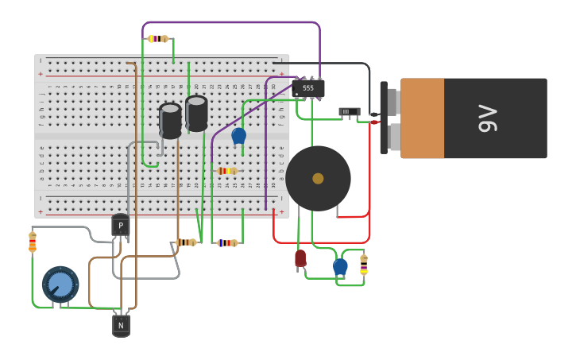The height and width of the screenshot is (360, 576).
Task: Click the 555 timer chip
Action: pyautogui.click(x=307, y=88)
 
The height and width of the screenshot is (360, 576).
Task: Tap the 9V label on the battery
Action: pyautogui.click(x=487, y=118)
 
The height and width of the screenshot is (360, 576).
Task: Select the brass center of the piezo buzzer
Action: pyautogui.click(x=318, y=179)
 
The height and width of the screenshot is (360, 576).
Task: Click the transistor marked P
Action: pyautogui.click(x=121, y=226)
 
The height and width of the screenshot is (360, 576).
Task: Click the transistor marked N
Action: pyautogui.click(x=121, y=325)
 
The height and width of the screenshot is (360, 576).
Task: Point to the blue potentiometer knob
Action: pyautogui.click(x=60, y=285)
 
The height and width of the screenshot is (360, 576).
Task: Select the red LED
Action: pyautogui.click(x=300, y=258)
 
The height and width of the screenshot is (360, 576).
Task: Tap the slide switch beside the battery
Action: pyautogui.click(x=349, y=112)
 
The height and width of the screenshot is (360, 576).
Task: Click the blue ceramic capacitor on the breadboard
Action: pyautogui.click(x=238, y=136)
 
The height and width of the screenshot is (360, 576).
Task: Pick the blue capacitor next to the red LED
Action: pyautogui.click(x=340, y=266)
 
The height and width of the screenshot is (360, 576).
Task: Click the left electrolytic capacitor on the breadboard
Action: pyautogui.click(x=170, y=120)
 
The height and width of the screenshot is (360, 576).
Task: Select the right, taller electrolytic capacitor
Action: pyautogui.click(x=196, y=113)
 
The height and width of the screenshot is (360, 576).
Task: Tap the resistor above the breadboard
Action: pyautogui.click(x=158, y=38)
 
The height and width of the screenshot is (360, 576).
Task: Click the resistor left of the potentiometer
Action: pyautogui.click(x=33, y=242)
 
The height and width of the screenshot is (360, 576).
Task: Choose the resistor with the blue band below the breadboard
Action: pyautogui.click(x=227, y=242)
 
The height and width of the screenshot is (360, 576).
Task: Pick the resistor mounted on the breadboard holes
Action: pyautogui.click(x=227, y=171)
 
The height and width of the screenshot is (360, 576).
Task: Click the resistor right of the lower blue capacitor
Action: pyautogui.click(x=364, y=265)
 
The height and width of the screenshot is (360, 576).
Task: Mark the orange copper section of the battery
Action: pyautogui.click(x=422, y=118)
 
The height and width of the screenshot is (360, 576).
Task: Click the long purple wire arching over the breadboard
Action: pyautogui.click(x=230, y=22)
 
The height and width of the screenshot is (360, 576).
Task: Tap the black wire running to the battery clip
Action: pyautogui.click(x=334, y=63)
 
